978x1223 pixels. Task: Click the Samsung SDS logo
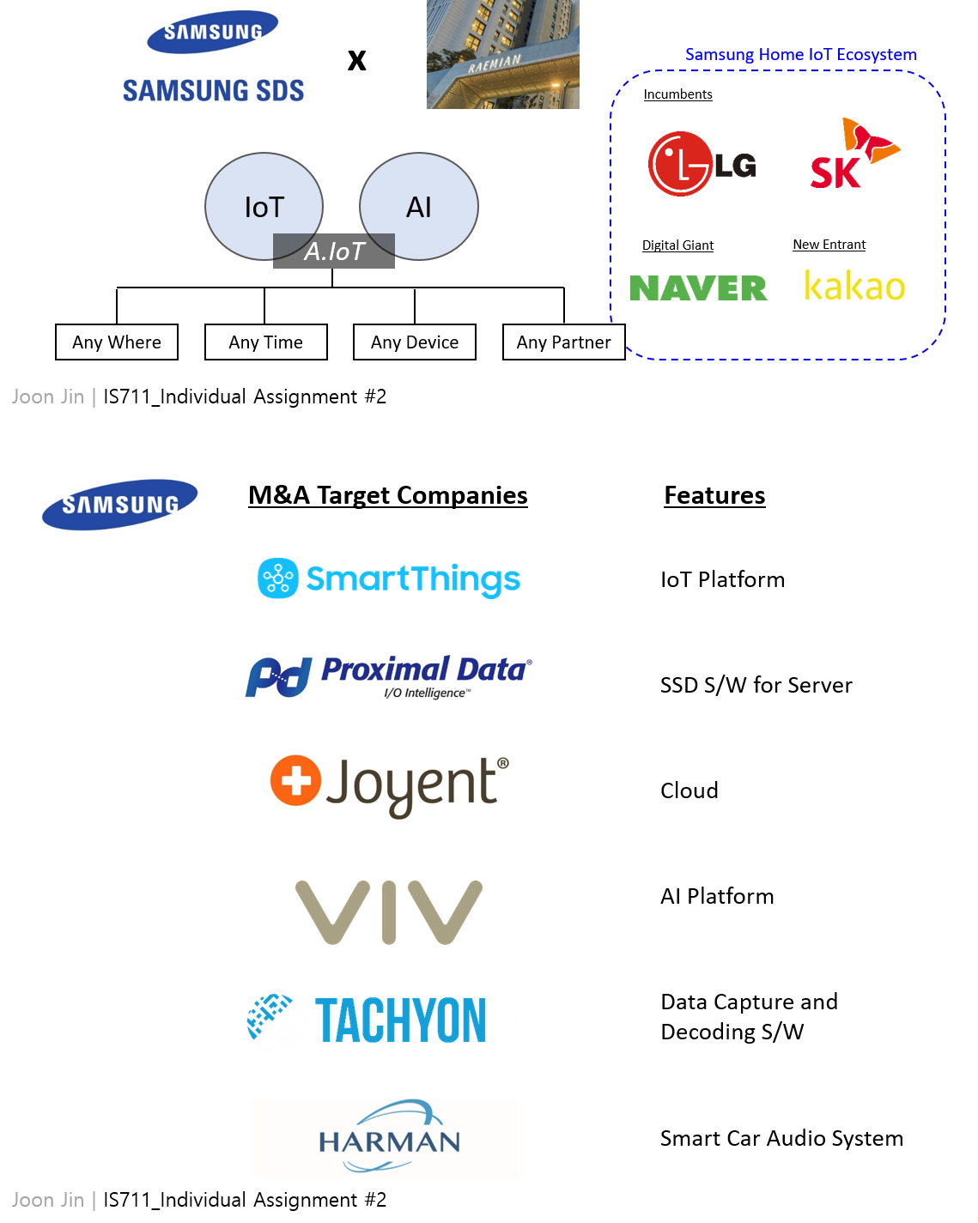(x=215, y=55)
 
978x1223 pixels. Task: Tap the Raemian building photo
(x=503, y=54)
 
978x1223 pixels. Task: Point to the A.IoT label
(x=335, y=251)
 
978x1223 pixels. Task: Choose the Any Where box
(x=117, y=342)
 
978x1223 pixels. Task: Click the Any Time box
(x=266, y=342)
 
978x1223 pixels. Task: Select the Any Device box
(x=415, y=342)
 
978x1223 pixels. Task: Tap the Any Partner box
(x=564, y=342)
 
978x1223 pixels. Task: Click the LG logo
(x=702, y=164)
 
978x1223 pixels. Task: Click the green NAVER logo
(x=698, y=288)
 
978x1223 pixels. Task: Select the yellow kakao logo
(x=854, y=286)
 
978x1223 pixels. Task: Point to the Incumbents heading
(x=677, y=94)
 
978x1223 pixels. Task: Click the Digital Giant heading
(x=677, y=245)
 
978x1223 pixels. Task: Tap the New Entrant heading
(x=829, y=245)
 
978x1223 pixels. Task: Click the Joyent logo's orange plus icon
(x=296, y=781)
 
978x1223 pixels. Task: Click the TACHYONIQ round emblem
(x=275, y=1021)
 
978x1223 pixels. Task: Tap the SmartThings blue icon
(x=278, y=578)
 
